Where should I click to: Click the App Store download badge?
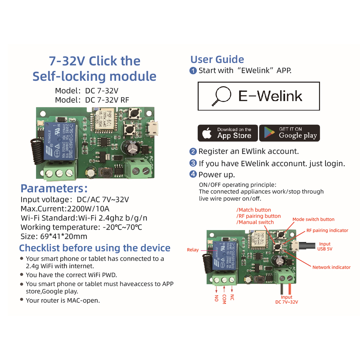tap(228, 133)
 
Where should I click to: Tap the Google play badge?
tap(289, 133)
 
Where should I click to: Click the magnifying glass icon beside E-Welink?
tap(221, 96)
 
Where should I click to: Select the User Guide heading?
tap(217, 59)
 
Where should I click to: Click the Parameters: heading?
tap(54, 188)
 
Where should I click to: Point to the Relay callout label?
tap(193, 250)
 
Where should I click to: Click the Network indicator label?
tap(331, 267)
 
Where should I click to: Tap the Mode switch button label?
tap(313, 219)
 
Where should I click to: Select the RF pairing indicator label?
tap(327, 230)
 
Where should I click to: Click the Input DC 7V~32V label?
tap(287, 300)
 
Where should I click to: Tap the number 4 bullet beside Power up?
tap(193, 175)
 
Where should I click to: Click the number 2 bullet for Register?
tap(193, 152)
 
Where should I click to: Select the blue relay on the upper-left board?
tap(58, 142)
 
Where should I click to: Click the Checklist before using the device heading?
tap(95, 248)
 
